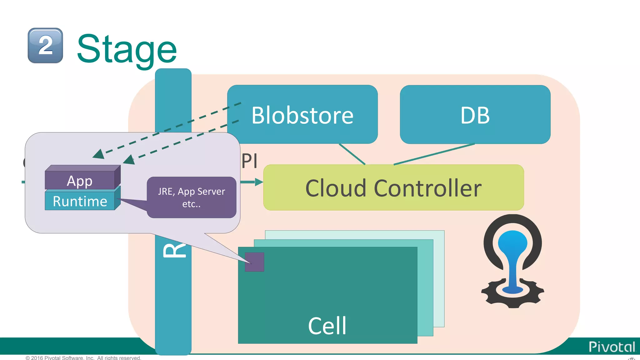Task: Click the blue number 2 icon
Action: (45, 46)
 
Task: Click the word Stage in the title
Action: (127, 49)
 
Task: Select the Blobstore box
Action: (302, 115)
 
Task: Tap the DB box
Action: (475, 115)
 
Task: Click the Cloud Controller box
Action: (393, 188)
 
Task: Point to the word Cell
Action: (327, 326)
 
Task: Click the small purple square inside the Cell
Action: (254, 262)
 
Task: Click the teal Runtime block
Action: (80, 201)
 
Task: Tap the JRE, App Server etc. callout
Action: (191, 197)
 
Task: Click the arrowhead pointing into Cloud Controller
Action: (259, 182)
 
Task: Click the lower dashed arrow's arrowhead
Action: (129, 160)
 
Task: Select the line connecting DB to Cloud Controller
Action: (434, 154)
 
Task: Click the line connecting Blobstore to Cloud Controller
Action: (352, 154)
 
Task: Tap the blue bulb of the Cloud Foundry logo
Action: (512, 247)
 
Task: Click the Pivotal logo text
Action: (612, 347)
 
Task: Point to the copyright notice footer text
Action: (83, 357)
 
